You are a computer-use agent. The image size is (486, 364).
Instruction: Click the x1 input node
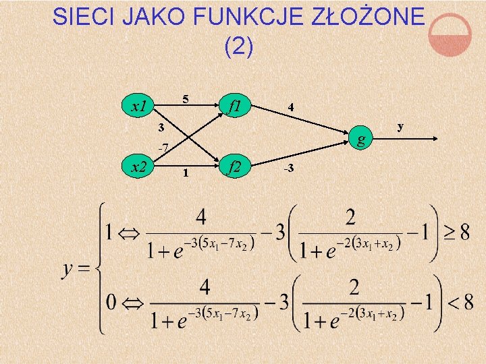(x=139, y=107)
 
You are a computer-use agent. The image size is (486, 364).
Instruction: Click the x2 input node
(x=139, y=165)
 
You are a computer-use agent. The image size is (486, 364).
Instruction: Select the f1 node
(x=236, y=106)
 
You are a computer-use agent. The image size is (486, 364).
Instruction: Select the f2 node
(x=236, y=165)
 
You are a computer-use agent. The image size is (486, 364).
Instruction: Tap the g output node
(x=362, y=140)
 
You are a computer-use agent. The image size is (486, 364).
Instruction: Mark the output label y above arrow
(x=400, y=126)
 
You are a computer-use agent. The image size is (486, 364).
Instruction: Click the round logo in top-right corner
(x=450, y=36)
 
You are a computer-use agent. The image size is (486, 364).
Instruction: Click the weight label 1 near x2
(x=186, y=173)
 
